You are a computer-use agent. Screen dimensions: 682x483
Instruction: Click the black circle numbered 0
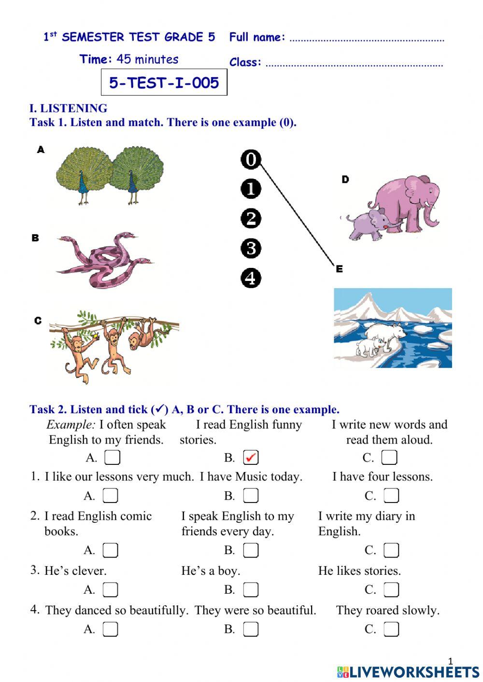tap(251, 159)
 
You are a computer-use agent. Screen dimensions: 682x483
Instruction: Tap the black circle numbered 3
tap(251, 248)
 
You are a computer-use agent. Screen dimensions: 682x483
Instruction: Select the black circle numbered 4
tap(251, 278)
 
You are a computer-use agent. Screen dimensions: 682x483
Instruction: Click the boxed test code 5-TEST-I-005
tap(164, 83)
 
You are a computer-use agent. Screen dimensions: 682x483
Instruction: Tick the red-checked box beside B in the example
tap(251, 457)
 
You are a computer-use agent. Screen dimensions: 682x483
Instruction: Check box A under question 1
tap(111, 496)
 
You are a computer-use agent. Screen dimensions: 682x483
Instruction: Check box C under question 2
tap(391, 550)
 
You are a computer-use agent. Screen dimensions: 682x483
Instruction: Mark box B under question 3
tap(251, 589)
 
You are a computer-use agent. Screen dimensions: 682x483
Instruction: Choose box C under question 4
tap(391, 629)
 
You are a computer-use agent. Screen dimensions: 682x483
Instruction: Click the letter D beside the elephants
tap(345, 180)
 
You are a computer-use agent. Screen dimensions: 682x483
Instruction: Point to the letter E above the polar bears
tap(339, 269)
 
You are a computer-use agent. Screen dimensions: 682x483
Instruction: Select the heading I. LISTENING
tap(68, 108)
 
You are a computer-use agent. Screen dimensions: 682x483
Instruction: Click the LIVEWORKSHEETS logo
tap(408, 671)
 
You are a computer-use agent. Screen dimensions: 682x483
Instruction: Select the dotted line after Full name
tap(367, 40)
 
